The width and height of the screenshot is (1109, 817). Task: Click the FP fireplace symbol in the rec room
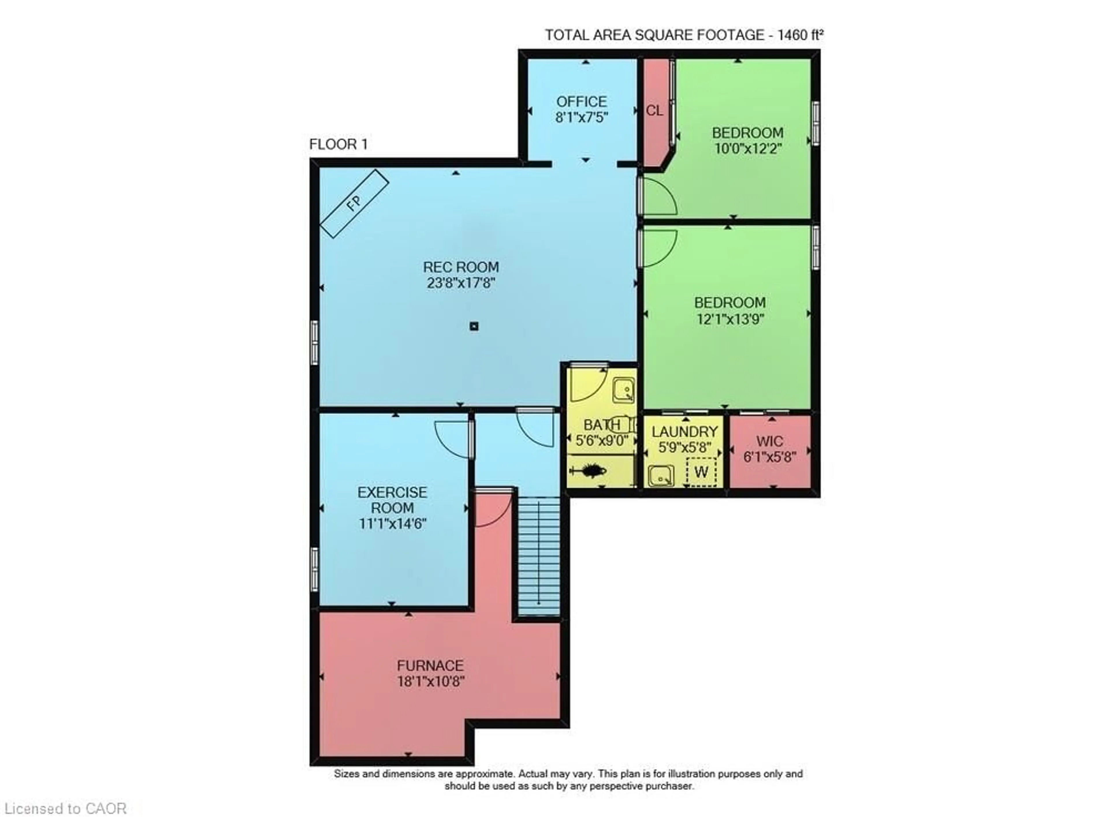tap(354, 203)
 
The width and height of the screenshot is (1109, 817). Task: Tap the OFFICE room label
tap(581, 102)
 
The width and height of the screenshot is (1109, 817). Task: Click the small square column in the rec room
tap(474, 326)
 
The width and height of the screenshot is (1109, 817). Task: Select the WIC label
tap(770, 441)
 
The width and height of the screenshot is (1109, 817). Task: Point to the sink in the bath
tap(624, 390)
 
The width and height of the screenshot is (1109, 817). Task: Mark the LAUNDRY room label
tap(684, 432)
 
